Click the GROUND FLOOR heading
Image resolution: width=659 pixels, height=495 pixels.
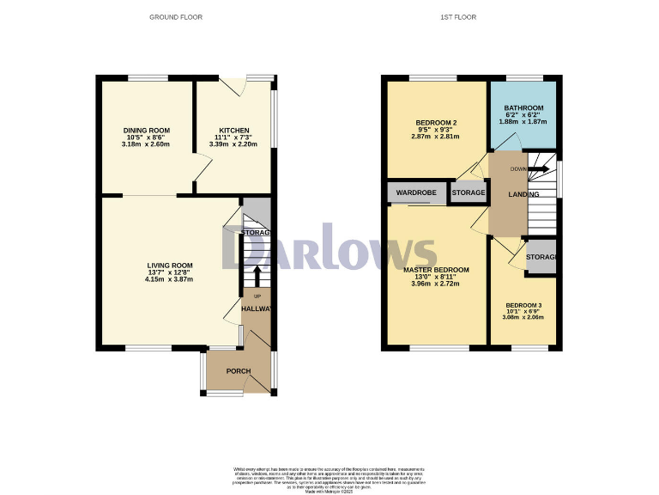[x=175, y=17]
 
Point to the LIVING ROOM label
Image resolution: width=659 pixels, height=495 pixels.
[x=169, y=266]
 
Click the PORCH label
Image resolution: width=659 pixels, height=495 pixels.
[x=238, y=371]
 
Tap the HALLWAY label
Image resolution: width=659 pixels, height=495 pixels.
[x=257, y=309]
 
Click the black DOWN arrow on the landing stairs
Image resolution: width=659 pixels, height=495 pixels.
[x=538, y=169]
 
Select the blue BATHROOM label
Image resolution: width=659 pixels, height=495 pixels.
[x=522, y=107]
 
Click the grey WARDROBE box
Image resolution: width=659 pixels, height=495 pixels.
[x=416, y=192]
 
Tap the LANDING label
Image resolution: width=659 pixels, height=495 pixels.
[x=523, y=195]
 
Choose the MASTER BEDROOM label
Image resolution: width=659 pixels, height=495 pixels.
[x=436, y=270]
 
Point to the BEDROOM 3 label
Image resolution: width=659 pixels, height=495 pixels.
[x=523, y=306]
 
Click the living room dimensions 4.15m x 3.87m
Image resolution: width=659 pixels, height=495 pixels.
[x=169, y=279]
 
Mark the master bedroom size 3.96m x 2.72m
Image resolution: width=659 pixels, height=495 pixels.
[x=436, y=284]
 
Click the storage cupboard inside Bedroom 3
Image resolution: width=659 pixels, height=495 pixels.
[x=541, y=258]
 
